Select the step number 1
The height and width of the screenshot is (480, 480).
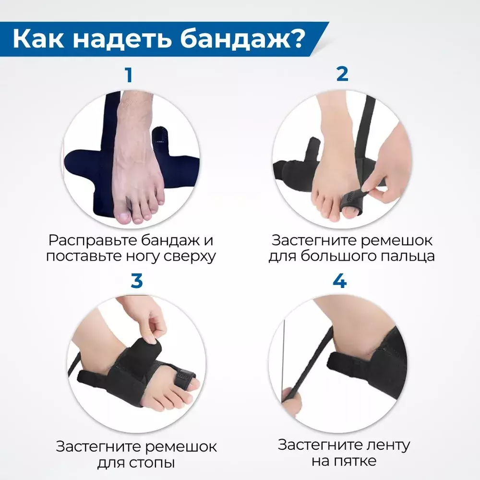pyautogui.click(x=129, y=75)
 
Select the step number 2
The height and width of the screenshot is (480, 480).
pyautogui.click(x=342, y=74)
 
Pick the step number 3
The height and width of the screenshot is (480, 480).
pyautogui.click(x=136, y=281)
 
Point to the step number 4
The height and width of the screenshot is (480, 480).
pyautogui.click(x=339, y=281)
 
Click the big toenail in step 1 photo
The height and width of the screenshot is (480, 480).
pyautogui.click(x=123, y=217)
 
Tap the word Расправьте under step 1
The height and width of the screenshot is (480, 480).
pyautogui.click(x=92, y=240)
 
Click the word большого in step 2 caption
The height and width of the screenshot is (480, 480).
pyautogui.click(x=336, y=256)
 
